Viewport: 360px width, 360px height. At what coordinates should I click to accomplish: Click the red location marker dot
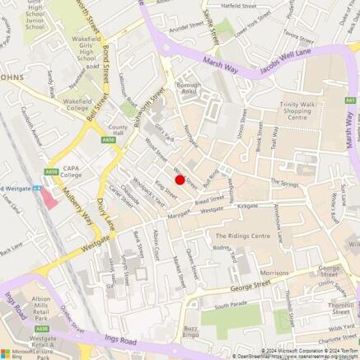pyautogui.click(x=180, y=179)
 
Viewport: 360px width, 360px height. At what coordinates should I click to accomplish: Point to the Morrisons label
pyautogui.click(x=274, y=272)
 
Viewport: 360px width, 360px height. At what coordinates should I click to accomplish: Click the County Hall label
pyautogui.click(x=117, y=132)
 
